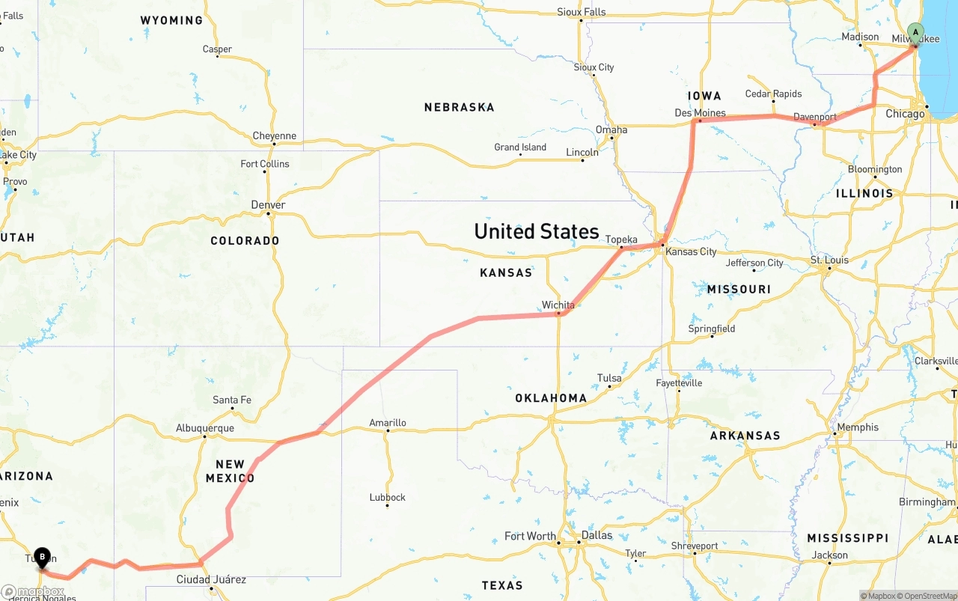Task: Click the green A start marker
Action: [x=915, y=32]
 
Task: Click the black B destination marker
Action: [x=43, y=558]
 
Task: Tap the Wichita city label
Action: [x=558, y=305]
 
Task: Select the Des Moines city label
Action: [x=700, y=113]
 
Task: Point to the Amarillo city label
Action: [x=388, y=423]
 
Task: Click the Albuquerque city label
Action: [x=205, y=428]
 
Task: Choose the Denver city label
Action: [x=268, y=204]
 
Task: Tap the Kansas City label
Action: [x=691, y=251]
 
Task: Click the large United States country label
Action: [x=537, y=231]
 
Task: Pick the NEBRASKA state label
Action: [x=459, y=107]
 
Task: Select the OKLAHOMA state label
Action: [x=551, y=397]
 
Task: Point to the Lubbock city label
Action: [x=388, y=497]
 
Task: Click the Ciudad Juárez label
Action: [x=211, y=579]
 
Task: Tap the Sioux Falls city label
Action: [x=582, y=12]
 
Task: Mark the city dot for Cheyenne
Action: [x=275, y=144]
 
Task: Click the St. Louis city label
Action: [x=829, y=260]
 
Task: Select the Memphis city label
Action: [x=858, y=427]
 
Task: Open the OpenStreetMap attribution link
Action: [x=929, y=596]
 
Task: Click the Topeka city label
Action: [x=621, y=240]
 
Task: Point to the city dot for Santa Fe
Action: [x=231, y=409]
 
